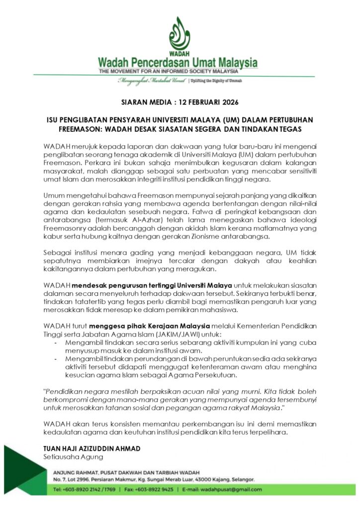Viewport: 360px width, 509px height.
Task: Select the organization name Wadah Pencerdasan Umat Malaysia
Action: point(178,63)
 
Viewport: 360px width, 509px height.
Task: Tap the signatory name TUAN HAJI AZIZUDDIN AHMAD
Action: point(91,448)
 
